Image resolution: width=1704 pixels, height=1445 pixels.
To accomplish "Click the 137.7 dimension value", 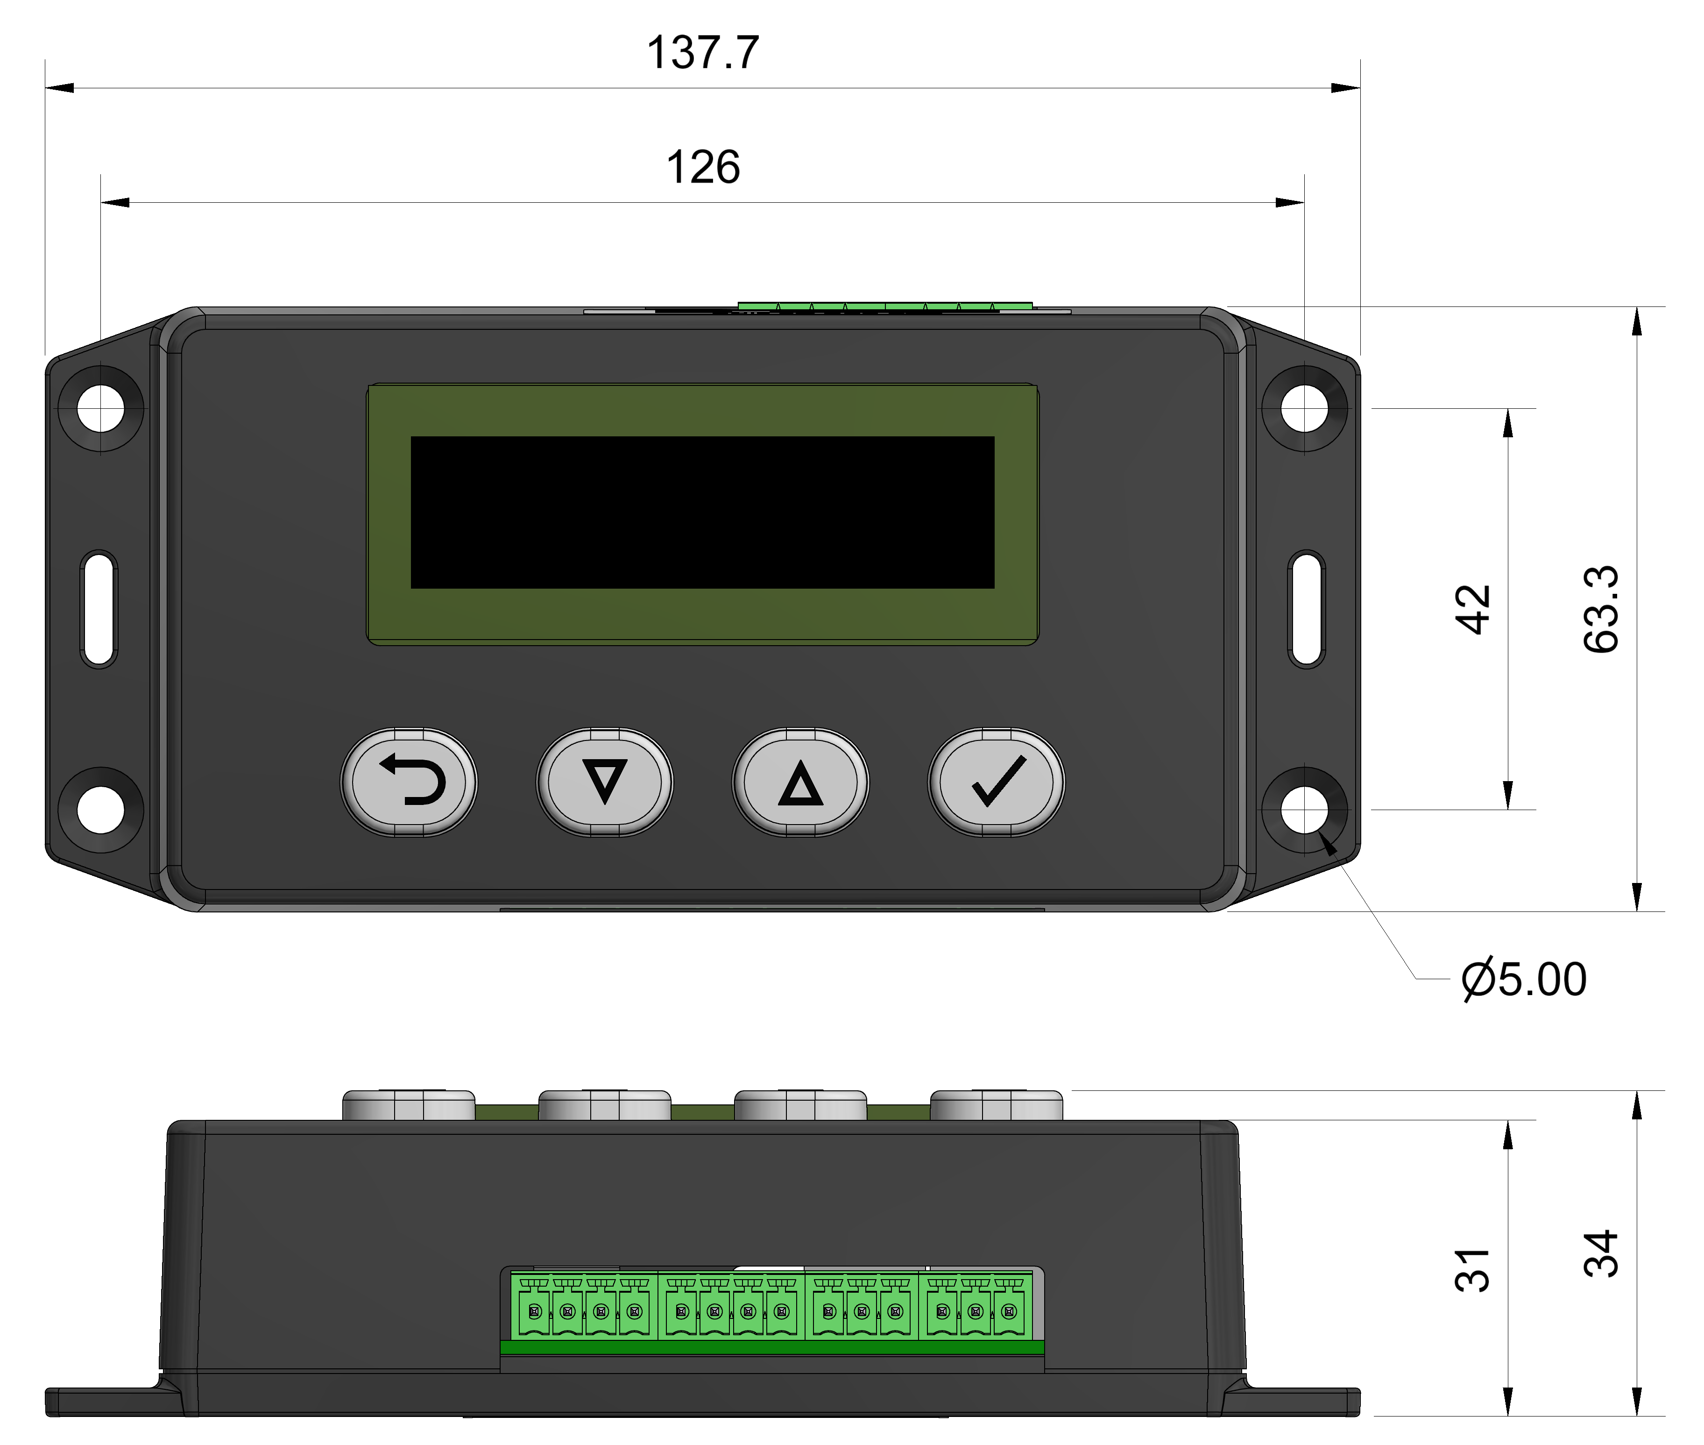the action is point(702,52).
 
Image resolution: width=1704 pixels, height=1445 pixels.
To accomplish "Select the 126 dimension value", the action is point(702,167).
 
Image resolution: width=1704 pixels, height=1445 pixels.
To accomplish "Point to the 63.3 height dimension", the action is point(1601,609).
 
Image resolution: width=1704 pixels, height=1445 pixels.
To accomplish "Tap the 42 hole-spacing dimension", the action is point(1472,609).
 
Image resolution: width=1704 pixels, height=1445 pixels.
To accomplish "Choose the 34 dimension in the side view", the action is point(1601,1254).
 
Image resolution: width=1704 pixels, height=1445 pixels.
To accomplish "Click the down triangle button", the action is point(604,782).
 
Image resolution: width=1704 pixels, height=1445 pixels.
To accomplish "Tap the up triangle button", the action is point(800,782).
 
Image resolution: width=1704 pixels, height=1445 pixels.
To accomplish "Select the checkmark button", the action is point(997,782).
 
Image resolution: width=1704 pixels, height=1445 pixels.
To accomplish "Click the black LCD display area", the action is point(702,512).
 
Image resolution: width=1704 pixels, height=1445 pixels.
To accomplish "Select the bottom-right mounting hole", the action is point(1304,810).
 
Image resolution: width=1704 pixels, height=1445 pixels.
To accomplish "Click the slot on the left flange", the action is point(99,609).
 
